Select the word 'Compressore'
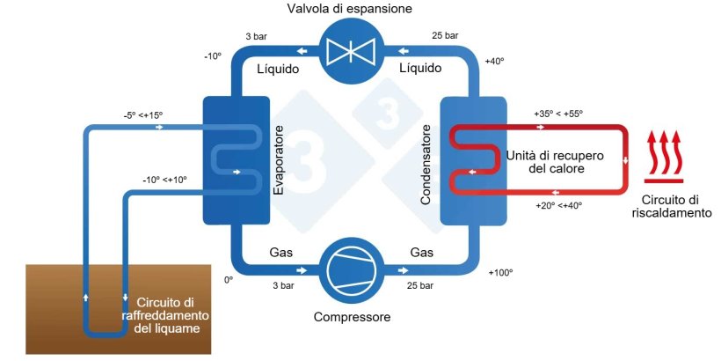(x=352, y=317)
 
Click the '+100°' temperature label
(x=499, y=273)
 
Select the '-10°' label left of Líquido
(x=213, y=55)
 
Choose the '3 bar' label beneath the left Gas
(x=283, y=286)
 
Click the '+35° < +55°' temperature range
(x=557, y=114)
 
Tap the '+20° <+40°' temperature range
(x=559, y=206)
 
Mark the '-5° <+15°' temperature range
(x=143, y=114)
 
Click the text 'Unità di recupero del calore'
(x=544, y=160)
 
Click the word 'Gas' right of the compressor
(x=422, y=254)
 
